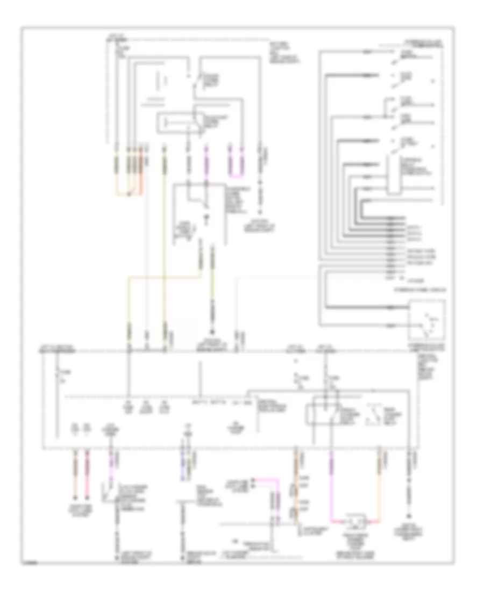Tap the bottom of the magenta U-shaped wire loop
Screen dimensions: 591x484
[x=237, y=176]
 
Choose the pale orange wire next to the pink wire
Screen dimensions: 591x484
[x=75, y=473]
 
